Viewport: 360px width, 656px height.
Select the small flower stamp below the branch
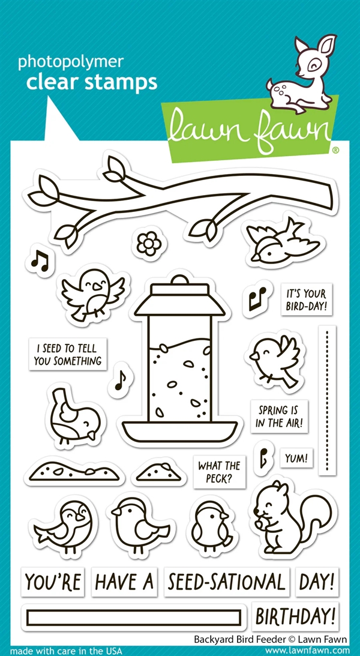(x=145, y=243)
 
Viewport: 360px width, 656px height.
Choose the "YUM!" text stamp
(x=296, y=458)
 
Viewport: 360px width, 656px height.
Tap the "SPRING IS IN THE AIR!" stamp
(x=280, y=417)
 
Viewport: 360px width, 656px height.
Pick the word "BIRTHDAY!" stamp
(x=296, y=616)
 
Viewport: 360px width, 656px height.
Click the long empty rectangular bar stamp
(x=134, y=617)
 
